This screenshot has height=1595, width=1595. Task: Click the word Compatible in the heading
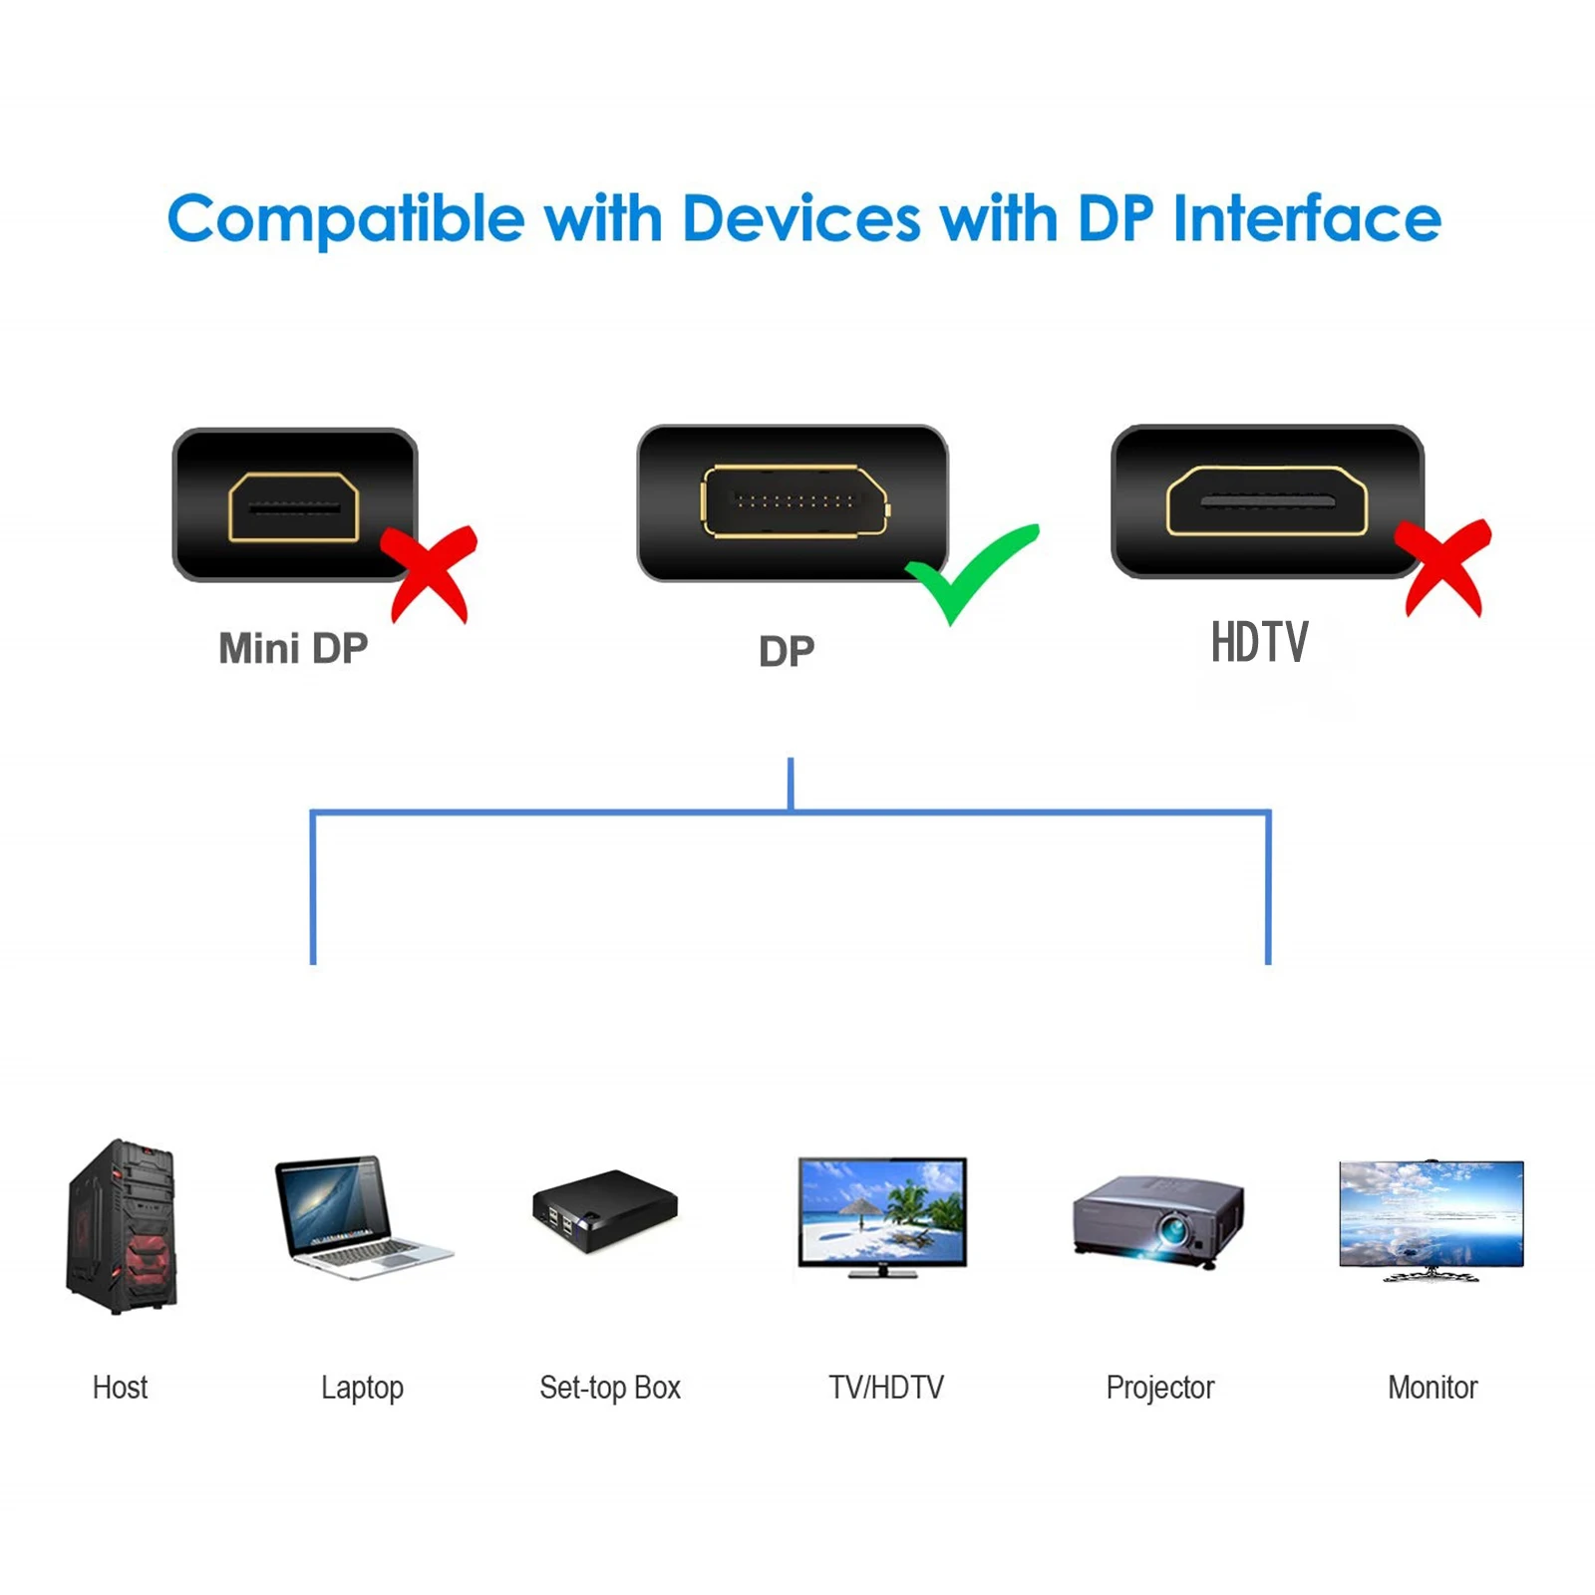coord(346,219)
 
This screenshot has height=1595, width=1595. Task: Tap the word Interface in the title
coord(1307,218)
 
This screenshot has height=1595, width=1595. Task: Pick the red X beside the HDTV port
coord(1444,566)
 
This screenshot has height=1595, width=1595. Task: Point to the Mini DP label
coord(293,649)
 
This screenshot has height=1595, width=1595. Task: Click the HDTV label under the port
coord(1259,643)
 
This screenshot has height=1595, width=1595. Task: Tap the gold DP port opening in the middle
coord(795,501)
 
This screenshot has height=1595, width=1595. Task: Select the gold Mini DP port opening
coord(293,507)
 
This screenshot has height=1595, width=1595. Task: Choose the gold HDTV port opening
coord(1266,501)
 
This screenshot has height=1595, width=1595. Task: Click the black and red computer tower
coord(122,1227)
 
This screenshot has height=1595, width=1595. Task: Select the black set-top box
coord(604,1210)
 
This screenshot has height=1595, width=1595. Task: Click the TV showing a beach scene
coord(882,1216)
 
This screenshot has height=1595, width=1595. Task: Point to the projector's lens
coord(1173,1232)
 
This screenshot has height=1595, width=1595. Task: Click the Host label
coord(120,1388)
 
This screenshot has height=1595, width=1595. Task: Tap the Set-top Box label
coord(610,1388)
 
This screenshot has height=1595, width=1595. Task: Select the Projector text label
coord(1160,1388)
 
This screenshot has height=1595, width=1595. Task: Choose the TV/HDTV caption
coord(885,1388)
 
